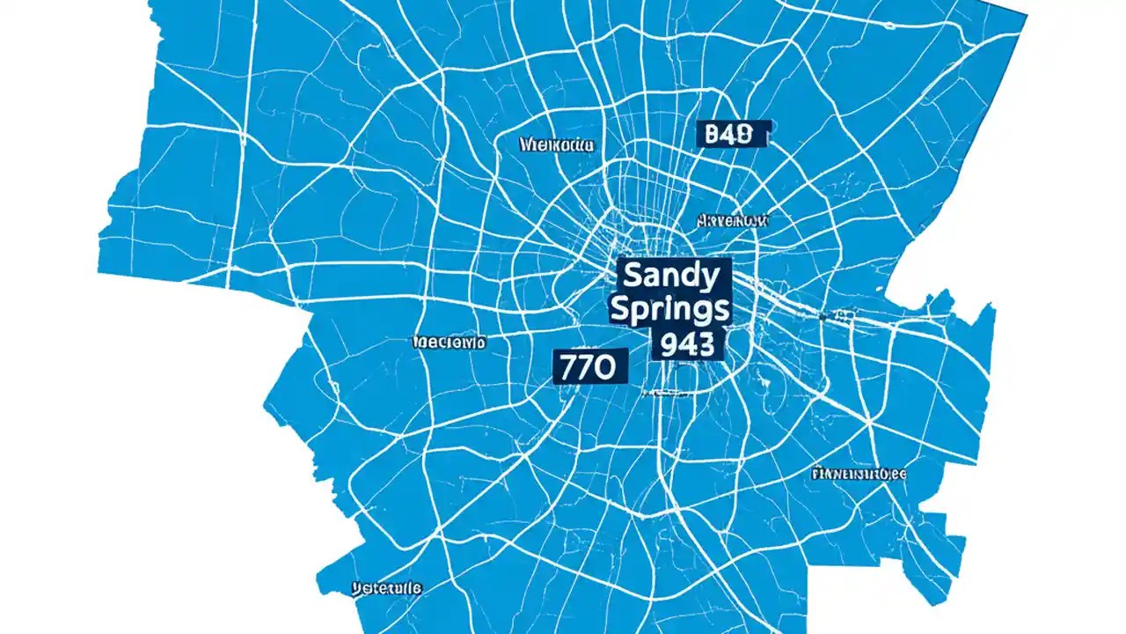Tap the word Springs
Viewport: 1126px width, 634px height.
pos(669,309)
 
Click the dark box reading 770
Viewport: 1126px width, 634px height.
pos(589,365)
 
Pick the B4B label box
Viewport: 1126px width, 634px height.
pos(729,134)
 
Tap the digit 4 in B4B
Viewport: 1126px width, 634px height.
pos(729,134)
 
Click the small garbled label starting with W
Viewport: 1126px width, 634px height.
pos(557,144)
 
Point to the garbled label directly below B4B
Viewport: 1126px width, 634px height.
pos(732,220)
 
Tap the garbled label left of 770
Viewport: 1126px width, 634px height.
pos(449,343)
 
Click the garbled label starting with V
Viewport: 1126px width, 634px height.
pos(386,586)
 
